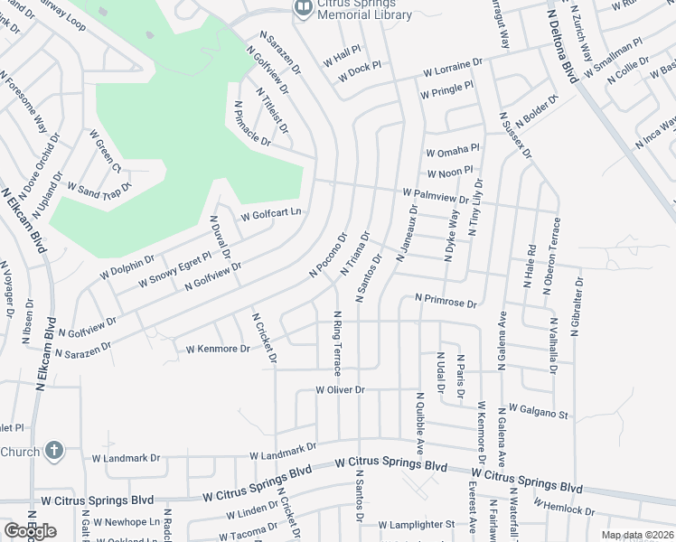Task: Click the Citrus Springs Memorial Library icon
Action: tap(302, 8)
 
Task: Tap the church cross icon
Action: tap(54, 450)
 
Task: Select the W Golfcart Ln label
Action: tap(270, 215)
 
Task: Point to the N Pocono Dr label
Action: tap(328, 256)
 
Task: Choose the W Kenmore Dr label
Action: tap(217, 348)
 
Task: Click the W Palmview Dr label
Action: tap(437, 195)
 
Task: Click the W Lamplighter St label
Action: tap(417, 524)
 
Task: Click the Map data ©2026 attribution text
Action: tap(637, 535)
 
